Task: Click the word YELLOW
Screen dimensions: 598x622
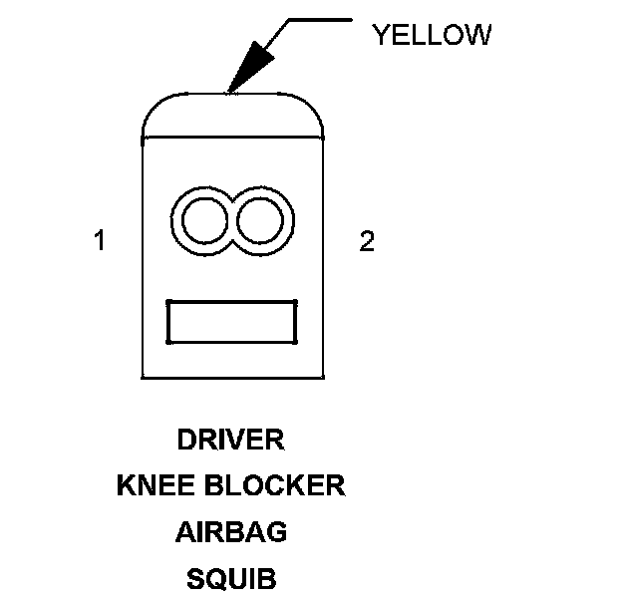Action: [432, 35]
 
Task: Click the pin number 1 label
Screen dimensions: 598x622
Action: [99, 241]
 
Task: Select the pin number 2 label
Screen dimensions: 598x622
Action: [367, 241]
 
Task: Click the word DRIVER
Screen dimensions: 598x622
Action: [230, 440]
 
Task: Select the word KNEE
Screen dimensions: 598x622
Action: [154, 485]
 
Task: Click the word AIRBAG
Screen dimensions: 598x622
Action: [231, 532]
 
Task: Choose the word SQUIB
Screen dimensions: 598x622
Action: [231, 578]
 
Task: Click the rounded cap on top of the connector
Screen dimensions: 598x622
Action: [233, 114]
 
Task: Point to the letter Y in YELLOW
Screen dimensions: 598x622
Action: [380, 35]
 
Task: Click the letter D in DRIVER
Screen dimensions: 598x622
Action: [184, 440]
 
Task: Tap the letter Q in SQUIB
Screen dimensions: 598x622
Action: [213, 578]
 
